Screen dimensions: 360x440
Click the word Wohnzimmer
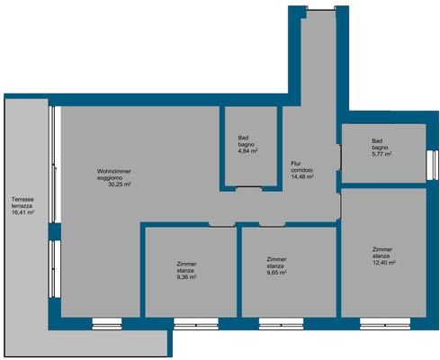(x=114, y=170)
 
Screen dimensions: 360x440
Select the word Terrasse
(x=23, y=199)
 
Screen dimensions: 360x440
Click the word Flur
(x=295, y=163)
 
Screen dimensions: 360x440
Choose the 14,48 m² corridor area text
(x=302, y=177)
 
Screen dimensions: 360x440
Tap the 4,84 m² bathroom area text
(x=248, y=151)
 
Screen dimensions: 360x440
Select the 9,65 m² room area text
(x=277, y=274)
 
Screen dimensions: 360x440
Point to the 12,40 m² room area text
(x=383, y=263)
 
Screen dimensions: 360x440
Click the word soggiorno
(x=112, y=177)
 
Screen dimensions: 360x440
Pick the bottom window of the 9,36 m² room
(x=190, y=321)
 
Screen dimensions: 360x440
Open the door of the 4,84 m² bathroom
(x=248, y=187)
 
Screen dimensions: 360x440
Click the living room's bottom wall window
(x=105, y=321)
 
